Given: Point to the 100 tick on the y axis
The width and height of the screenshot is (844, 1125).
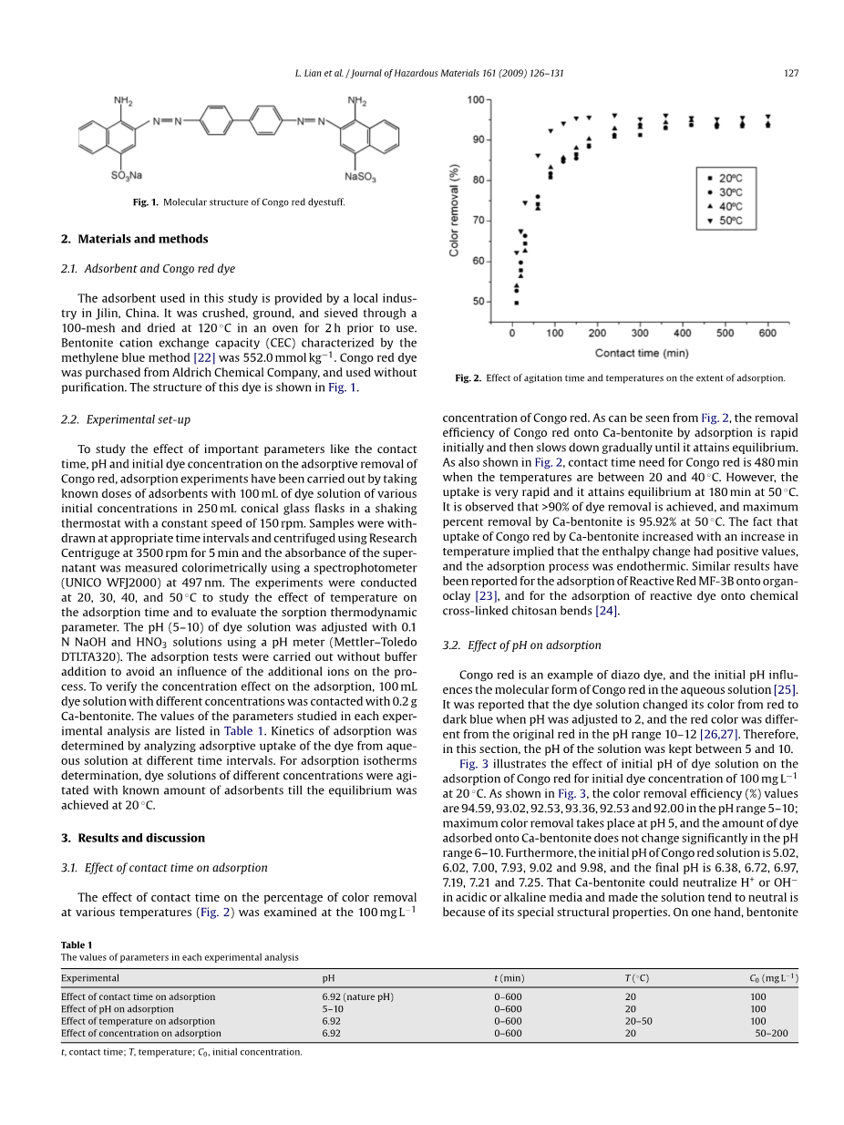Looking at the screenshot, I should (476, 99).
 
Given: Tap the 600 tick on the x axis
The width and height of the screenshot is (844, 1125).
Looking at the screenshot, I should (767, 334).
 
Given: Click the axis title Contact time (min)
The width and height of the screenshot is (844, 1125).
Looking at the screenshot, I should (642, 353).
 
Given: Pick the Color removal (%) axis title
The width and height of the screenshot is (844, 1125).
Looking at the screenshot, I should (455, 209).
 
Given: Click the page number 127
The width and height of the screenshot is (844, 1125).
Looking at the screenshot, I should (790, 74).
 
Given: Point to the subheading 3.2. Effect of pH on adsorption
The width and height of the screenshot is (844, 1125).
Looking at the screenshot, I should (521, 645).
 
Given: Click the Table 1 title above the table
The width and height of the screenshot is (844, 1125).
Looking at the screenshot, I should (77, 945).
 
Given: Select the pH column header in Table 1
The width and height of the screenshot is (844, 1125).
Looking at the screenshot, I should (328, 978).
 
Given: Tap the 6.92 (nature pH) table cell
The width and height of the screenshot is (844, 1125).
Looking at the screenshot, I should (357, 997).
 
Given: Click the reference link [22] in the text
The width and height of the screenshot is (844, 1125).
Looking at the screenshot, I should (202, 357).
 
